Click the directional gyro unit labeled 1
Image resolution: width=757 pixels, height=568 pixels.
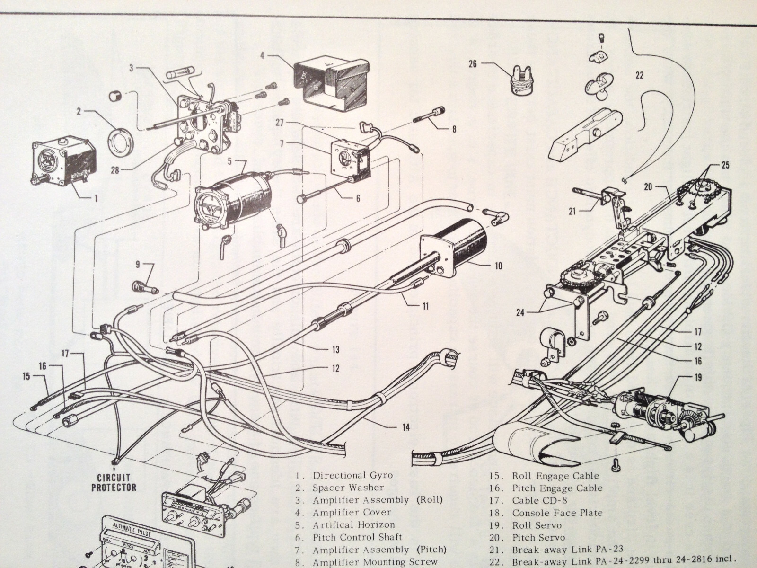point(64,161)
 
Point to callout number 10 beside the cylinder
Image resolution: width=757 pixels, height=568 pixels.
point(498,266)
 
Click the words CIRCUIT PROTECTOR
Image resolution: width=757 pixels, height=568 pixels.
point(114,482)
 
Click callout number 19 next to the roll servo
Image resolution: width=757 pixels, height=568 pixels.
point(698,377)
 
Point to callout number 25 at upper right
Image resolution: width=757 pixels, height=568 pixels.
point(725,165)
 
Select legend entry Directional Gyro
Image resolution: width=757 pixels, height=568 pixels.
point(352,475)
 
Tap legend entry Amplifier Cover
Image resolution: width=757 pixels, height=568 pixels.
point(352,512)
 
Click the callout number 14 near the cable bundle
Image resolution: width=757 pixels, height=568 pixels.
point(405,427)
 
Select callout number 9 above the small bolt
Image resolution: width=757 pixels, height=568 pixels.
point(138,263)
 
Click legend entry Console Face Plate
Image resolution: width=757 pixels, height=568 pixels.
point(557,513)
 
